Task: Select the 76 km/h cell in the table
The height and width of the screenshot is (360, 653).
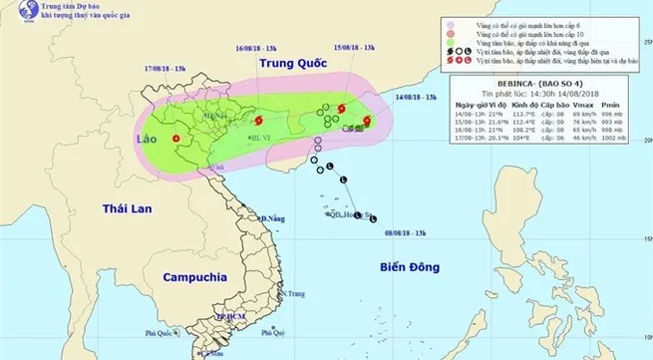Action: click(581, 127)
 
